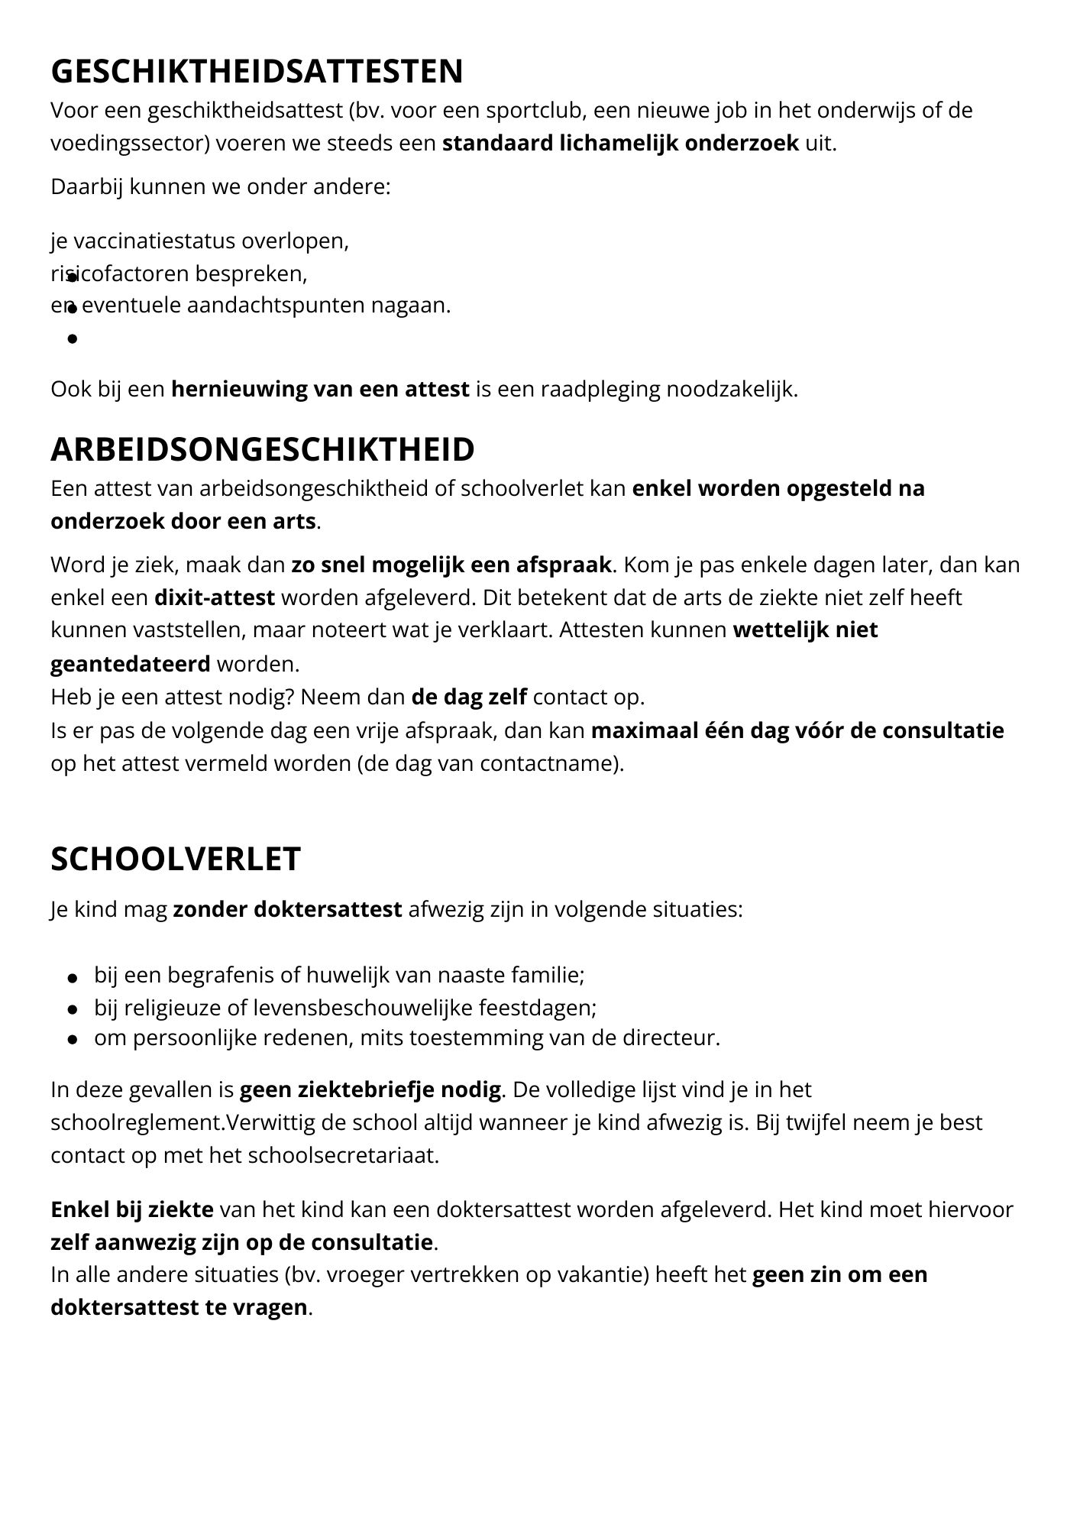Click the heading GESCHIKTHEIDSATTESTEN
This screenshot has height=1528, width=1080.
[x=257, y=71]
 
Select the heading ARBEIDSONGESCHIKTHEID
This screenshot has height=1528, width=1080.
[x=262, y=449]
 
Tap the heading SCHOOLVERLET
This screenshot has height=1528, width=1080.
[x=176, y=859]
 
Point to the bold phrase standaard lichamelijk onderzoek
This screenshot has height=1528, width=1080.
[x=620, y=144]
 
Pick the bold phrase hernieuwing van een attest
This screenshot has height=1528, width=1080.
[x=320, y=390]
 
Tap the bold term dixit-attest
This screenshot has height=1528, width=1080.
[x=214, y=597]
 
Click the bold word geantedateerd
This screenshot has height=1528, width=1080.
[x=130, y=664]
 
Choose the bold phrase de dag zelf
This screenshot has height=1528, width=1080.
[x=469, y=698]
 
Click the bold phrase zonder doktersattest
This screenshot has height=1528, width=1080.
[x=287, y=910]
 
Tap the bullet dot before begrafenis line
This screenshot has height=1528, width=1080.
[x=73, y=976]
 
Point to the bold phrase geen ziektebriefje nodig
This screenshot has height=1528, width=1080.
[x=370, y=1089]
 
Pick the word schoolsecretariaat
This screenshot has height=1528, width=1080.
[x=343, y=1154]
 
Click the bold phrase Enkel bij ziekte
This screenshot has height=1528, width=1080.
[x=132, y=1210]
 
